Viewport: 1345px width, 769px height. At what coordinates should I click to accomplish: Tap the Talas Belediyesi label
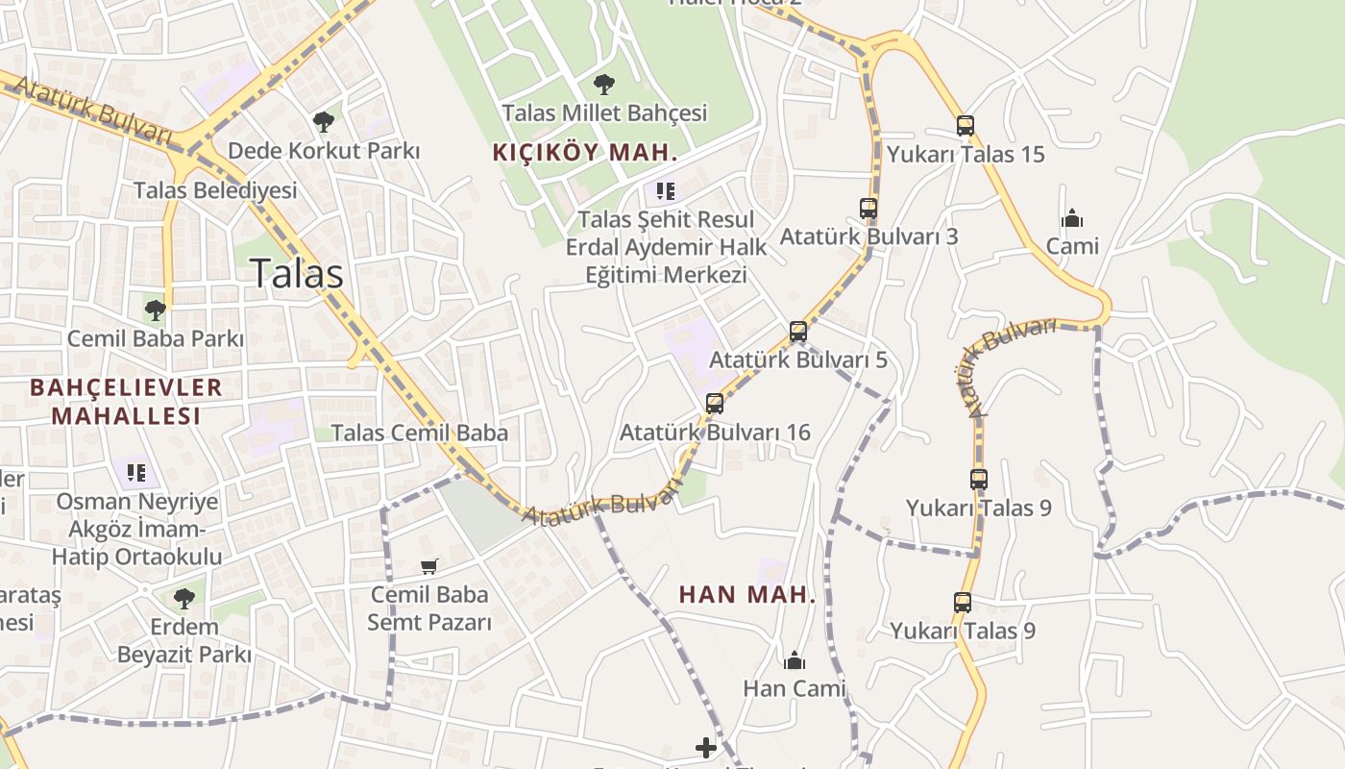pos(215,190)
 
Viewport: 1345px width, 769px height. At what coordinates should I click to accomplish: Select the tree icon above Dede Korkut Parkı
pos(324,121)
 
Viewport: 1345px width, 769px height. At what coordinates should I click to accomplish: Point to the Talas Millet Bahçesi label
pos(604,112)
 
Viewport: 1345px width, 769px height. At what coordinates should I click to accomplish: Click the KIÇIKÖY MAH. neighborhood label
pos(585,152)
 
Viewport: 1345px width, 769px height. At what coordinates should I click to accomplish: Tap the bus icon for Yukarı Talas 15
pos(966,126)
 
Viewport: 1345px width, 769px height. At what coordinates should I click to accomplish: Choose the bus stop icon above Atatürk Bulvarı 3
pos(868,208)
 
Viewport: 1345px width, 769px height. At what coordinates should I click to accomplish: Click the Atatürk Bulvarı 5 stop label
pos(797,360)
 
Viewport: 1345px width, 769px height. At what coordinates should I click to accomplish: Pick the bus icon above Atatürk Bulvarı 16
pos(715,404)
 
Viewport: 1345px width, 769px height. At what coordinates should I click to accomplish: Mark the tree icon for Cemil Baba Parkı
pos(155,310)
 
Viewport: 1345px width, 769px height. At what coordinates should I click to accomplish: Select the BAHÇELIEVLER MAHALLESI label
pos(126,402)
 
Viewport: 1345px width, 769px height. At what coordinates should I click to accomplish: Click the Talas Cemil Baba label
pos(419,433)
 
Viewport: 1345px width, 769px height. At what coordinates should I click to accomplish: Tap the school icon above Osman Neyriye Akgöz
pos(135,472)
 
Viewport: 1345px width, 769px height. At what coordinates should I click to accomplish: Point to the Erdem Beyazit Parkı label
pos(183,641)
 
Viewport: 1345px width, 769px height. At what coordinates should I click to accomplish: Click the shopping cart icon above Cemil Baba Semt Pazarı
pos(429,567)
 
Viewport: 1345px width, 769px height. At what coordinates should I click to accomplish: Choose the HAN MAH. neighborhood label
pos(746,595)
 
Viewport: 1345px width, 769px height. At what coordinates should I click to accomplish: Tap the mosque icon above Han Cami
pos(795,660)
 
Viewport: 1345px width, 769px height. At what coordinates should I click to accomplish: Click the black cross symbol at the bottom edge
pos(706,748)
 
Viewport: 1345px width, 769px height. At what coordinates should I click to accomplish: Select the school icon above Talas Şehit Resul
pos(666,190)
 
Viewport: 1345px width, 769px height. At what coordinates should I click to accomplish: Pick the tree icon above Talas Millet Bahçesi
pos(604,85)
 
